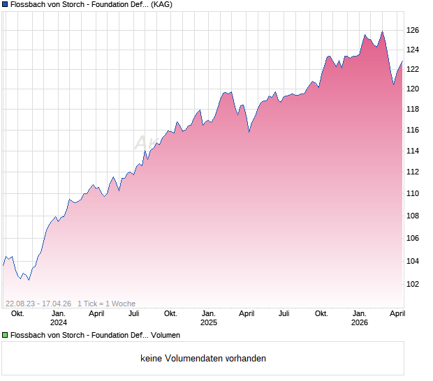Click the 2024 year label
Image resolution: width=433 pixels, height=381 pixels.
point(59,322)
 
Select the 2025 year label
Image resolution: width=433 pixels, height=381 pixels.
point(209,322)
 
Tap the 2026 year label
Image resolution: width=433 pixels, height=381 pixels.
point(359,322)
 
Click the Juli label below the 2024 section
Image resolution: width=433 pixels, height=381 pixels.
point(133,313)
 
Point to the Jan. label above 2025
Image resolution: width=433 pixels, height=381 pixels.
point(209,313)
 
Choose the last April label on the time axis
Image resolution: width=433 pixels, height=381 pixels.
point(396,313)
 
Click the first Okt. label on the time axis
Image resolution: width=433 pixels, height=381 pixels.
point(17,313)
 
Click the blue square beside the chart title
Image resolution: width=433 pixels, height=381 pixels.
point(5,5)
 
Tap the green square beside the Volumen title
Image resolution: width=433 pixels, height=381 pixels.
point(5,336)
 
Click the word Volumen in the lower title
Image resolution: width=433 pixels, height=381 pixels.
point(166,336)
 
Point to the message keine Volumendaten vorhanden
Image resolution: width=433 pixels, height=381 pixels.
point(203,359)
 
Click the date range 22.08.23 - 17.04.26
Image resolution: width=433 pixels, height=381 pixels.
point(38,304)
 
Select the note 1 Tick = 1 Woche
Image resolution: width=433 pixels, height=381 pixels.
point(106,304)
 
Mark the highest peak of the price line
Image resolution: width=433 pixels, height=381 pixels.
point(382,31)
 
